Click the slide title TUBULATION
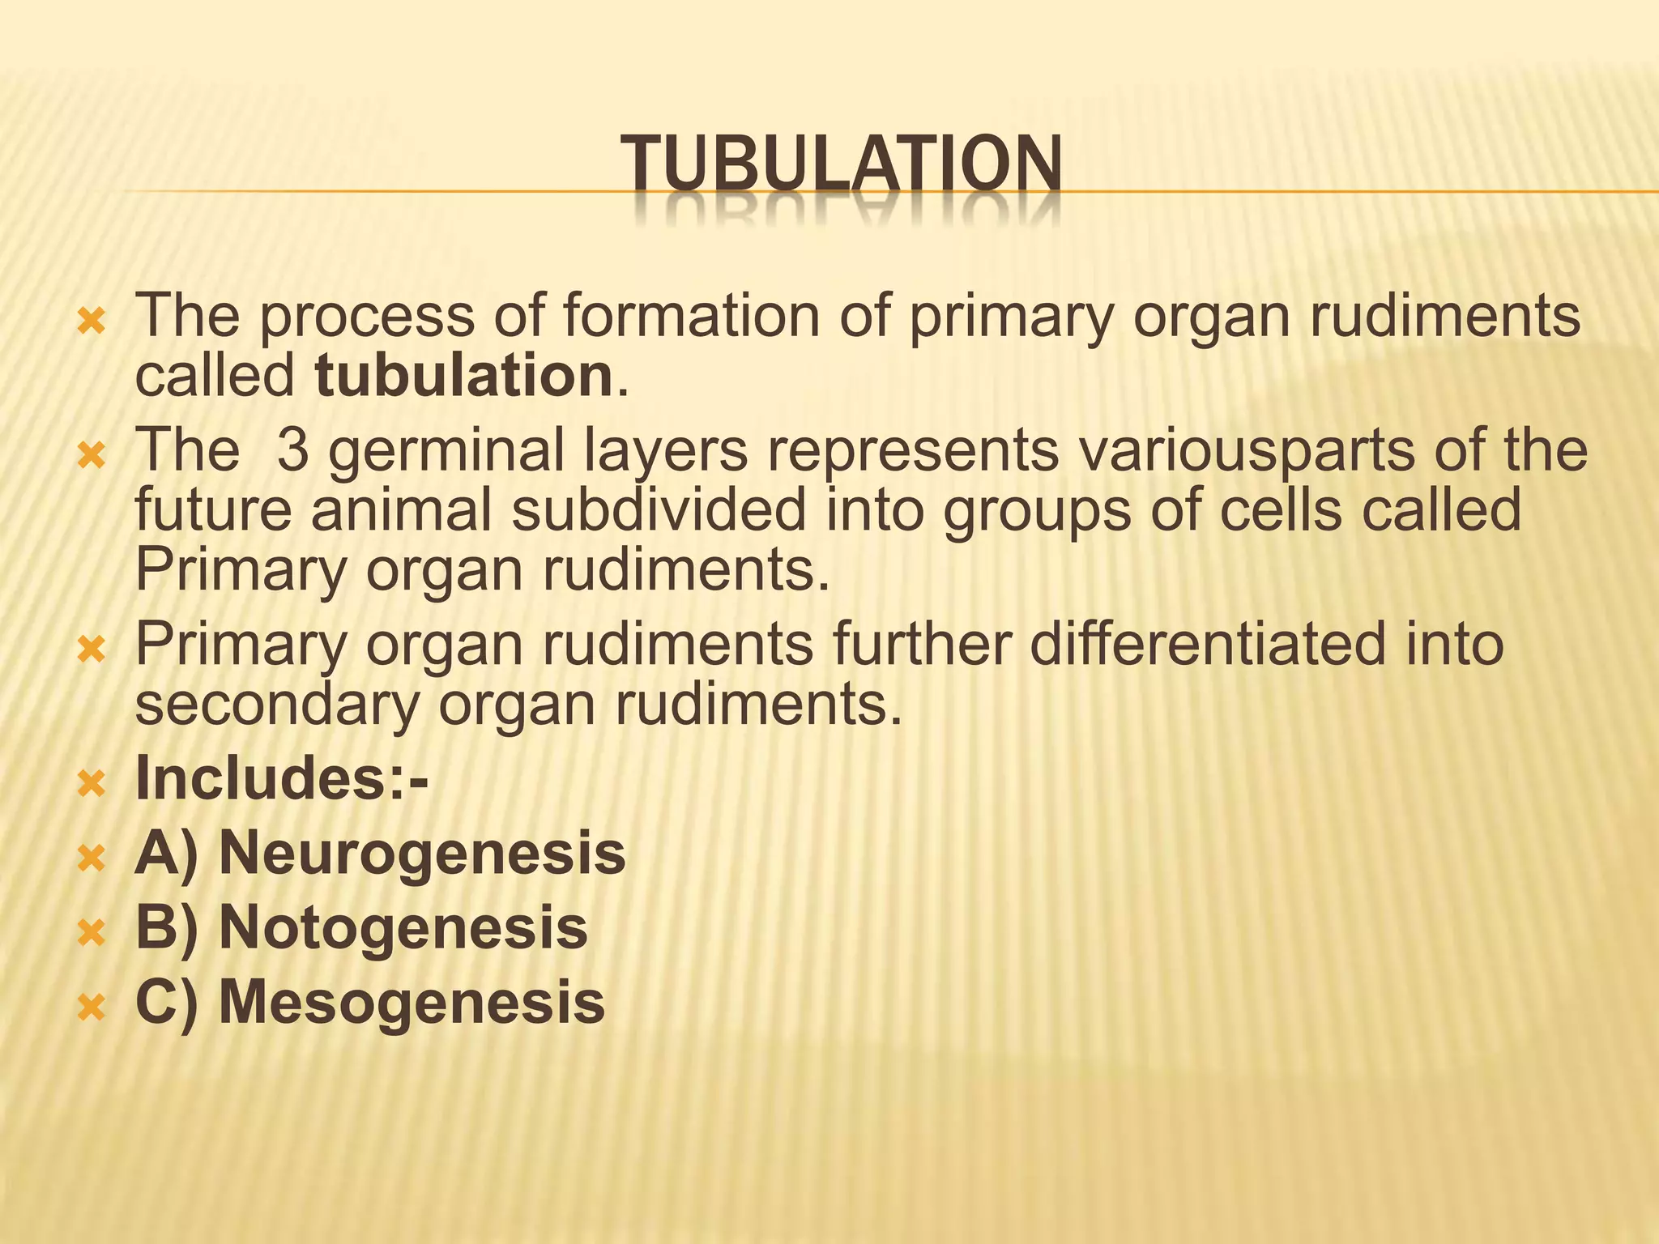[841, 165]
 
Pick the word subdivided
[659, 510]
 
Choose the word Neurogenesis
[422, 853]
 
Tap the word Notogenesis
[403, 927]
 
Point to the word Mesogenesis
[412, 1002]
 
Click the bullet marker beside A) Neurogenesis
[91, 858]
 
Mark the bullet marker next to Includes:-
[91, 783]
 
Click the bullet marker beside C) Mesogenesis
[91, 1007]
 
